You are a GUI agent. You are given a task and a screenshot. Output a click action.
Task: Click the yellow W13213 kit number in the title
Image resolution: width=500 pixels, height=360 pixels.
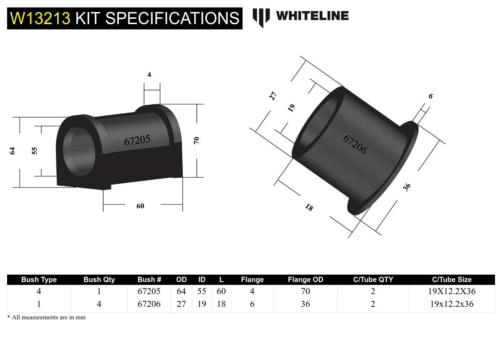40,18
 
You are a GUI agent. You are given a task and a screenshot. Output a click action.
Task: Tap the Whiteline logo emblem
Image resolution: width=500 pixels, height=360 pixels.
261,17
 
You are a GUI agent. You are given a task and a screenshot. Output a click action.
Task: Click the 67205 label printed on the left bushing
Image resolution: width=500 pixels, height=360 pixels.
137,140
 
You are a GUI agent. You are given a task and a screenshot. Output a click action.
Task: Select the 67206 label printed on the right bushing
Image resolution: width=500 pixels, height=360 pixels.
355,144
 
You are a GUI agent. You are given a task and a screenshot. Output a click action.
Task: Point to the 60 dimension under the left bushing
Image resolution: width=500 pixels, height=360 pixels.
140,206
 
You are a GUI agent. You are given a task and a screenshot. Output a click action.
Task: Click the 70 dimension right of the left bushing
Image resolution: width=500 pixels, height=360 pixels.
196,140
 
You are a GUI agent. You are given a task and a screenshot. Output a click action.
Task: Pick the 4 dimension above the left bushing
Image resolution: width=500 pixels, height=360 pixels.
149,74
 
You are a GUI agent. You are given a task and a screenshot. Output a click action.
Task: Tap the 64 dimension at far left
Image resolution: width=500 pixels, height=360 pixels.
12,151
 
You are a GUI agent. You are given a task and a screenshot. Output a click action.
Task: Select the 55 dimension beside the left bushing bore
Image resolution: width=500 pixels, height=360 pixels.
34,151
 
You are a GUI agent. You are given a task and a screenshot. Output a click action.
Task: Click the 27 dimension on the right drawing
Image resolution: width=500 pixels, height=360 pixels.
273,96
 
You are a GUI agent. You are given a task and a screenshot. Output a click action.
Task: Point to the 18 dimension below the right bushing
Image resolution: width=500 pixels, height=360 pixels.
309,208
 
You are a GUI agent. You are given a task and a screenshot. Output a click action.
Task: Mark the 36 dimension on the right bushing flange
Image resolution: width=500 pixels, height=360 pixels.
407,187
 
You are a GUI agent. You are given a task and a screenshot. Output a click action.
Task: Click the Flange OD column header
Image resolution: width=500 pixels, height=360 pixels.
305,280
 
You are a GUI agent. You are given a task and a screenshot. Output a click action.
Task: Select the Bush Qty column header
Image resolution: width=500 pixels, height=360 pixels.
99,280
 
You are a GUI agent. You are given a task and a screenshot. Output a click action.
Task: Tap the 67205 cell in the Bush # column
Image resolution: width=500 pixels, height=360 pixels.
149,291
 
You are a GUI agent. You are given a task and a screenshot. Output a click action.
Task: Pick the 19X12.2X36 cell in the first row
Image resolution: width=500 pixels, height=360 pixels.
451,291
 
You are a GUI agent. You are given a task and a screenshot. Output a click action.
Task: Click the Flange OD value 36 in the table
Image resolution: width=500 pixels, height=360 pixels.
305,304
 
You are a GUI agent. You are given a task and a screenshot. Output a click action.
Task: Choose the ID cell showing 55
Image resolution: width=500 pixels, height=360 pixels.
201,291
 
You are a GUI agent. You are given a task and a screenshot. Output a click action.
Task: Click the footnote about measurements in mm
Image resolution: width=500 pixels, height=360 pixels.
46,317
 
